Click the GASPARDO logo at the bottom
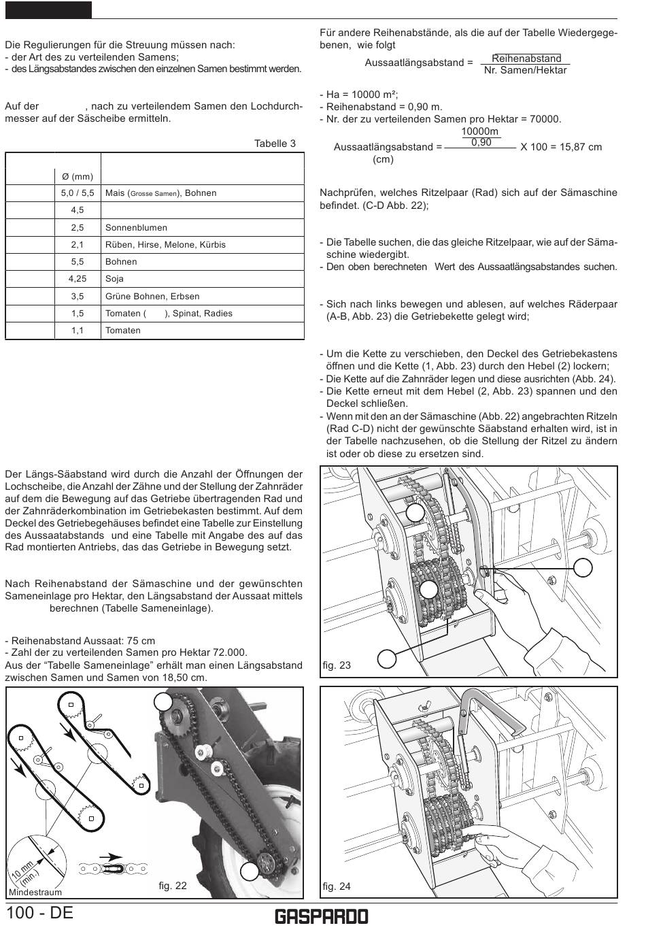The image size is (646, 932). pyautogui.click(x=322, y=916)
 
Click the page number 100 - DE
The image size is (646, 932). pyautogui.click(x=40, y=912)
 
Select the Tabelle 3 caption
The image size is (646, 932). pyautogui.click(x=275, y=144)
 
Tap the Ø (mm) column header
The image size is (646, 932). pyautogui.click(x=78, y=176)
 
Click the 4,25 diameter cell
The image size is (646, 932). pyautogui.click(x=78, y=279)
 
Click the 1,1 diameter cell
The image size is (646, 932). pyautogui.click(x=78, y=331)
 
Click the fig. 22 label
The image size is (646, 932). pyautogui.click(x=173, y=886)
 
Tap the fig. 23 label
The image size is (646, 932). pyautogui.click(x=337, y=665)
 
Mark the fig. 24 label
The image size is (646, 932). pyautogui.click(x=337, y=886)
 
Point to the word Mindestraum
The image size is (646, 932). pyautogui.click(x=35, y=892)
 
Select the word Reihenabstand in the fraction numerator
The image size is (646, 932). pyautogui.click(x=526, y=59)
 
